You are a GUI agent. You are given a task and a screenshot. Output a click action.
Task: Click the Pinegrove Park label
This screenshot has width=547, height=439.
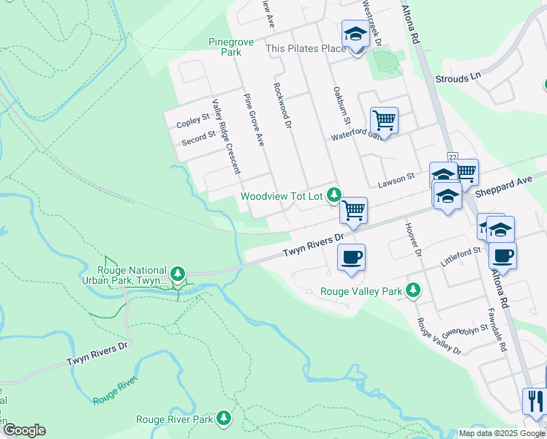click(x=231, y=47)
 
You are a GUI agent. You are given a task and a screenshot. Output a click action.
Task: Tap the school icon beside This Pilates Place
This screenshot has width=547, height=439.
click(x=356, y=34)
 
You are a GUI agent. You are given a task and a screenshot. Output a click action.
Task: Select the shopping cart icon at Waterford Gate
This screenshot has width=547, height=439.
click(x=384, y=119)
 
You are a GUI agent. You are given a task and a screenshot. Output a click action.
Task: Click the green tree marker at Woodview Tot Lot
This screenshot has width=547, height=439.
click(x=334, y=195)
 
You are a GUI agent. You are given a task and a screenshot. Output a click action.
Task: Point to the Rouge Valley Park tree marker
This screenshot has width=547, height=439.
click(x=413, y=290)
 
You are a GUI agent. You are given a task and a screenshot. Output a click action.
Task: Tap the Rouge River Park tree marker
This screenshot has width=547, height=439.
click(x=224, y=419)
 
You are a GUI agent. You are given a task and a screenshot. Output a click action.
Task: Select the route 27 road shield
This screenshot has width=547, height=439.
click(x=453, y=157)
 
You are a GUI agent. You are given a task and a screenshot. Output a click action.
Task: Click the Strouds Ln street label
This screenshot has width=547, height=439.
click(x=459, y=77)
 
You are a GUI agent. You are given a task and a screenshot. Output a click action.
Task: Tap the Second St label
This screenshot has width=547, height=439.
click(x=198, y=135)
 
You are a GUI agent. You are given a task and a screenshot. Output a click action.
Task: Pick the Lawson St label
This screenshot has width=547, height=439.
click(x=396, y=177)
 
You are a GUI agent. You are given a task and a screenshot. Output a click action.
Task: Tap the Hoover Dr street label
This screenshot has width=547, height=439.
click(x=414, y=239)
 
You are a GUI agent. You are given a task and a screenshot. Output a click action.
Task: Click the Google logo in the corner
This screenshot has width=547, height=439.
click(x=25, y=430)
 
